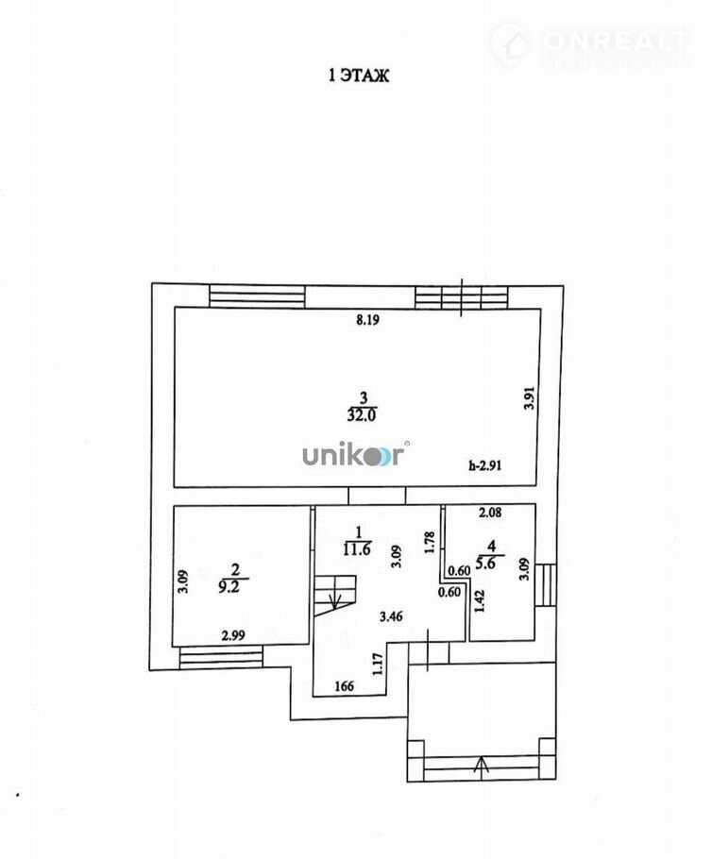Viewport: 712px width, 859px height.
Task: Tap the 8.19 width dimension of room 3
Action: pos(367,320)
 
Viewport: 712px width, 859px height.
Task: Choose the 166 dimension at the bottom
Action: pos(345,686)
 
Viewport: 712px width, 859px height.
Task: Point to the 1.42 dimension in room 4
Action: pos(479,601)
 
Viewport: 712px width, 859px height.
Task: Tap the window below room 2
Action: pos(218,656)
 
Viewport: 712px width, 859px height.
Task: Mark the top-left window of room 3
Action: pos(257,296)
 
